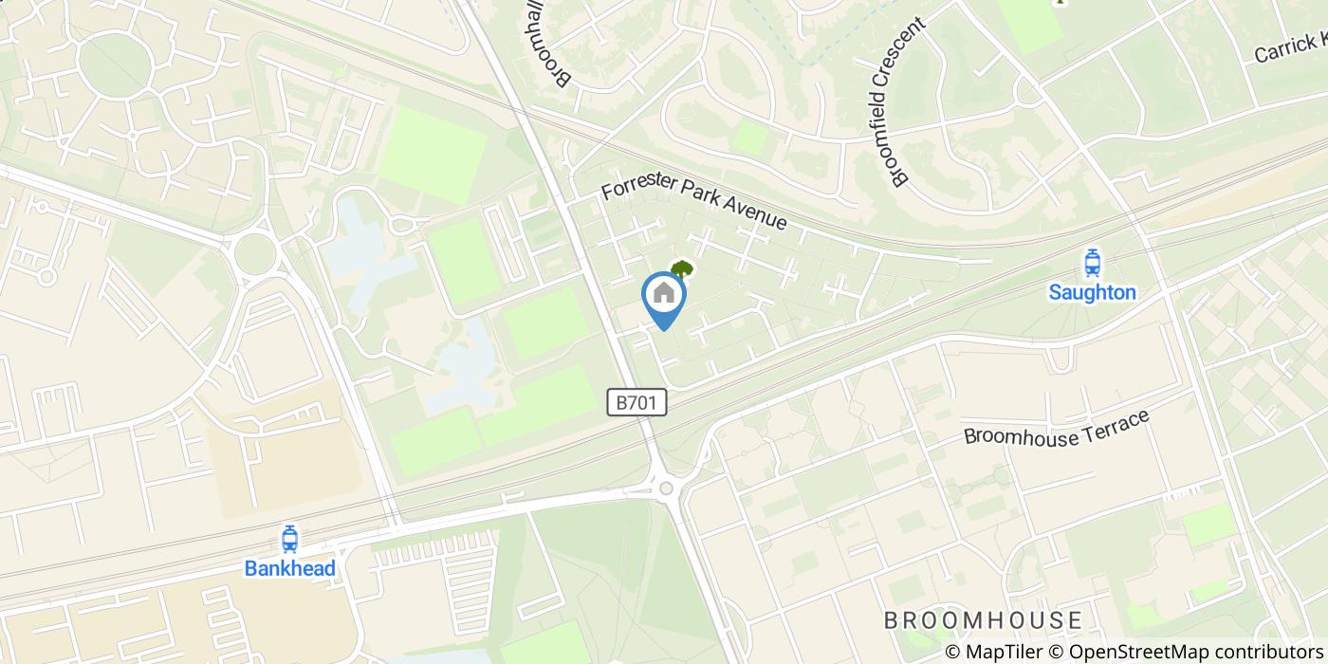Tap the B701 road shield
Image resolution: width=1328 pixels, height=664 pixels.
(x=636, y=403)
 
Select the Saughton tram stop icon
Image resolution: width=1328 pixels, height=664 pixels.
(x=1092, y=263)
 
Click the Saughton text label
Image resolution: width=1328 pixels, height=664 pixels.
(x=1092, y=292)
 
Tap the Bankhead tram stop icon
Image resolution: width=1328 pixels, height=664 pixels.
(x=290, y=540)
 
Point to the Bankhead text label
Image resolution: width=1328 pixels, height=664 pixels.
(x=290, y=568)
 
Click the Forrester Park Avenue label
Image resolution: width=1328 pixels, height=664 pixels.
(x=694, y=203)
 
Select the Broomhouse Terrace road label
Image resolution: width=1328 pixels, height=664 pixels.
(x=1057, y=429)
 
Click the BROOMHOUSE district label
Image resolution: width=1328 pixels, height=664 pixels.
(x=983, y=620)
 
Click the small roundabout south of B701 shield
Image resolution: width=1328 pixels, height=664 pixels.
(x=666, y=489)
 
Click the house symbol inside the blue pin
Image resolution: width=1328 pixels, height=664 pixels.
(x=664, y=293)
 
